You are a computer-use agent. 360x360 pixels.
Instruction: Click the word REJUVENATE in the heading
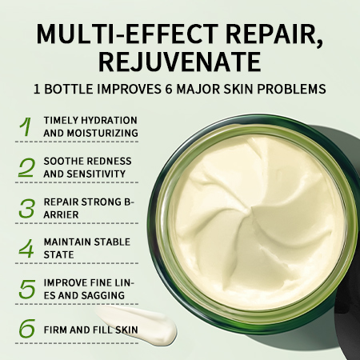pyautogui.click(x=180, y=62)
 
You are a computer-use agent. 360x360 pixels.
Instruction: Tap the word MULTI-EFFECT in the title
pyautogui.click(x=127, y=34)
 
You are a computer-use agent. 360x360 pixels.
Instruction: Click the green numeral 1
pyautogui.click(x=26, y=126)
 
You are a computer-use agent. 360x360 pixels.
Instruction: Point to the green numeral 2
pyautogui.click(x=26, y=167)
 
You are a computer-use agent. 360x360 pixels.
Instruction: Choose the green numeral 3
pyautogui.click(x=27, y=208)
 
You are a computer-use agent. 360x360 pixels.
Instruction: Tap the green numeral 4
pyautogui.click(x=26, y=249)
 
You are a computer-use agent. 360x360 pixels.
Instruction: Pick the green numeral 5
pyautogui.click(x=27, y=289)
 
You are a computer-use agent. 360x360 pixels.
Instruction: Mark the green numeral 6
pyautogui.click(x=27, y=328)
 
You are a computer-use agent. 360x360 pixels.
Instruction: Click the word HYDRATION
pyautogui.click(x=109, y=120)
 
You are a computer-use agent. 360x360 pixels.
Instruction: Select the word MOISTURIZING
pyautogui.click(x=102, y=133)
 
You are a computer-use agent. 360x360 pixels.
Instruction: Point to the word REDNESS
pyautogui.click(x=110, y=161)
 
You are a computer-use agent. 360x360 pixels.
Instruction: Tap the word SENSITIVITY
pyautogui.click(x=96, y=174)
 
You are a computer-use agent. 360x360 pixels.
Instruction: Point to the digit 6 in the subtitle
pyautogui.click(x=169, y=89)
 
